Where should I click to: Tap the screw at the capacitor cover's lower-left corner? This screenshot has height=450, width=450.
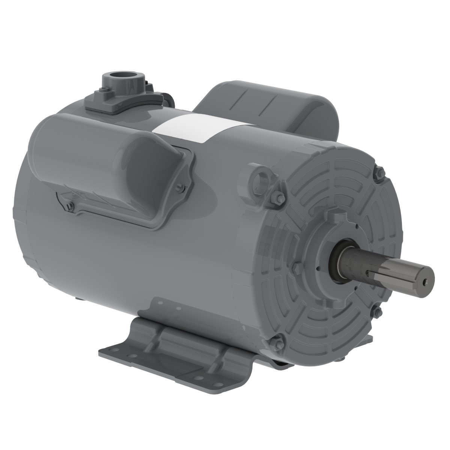(70, 204)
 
